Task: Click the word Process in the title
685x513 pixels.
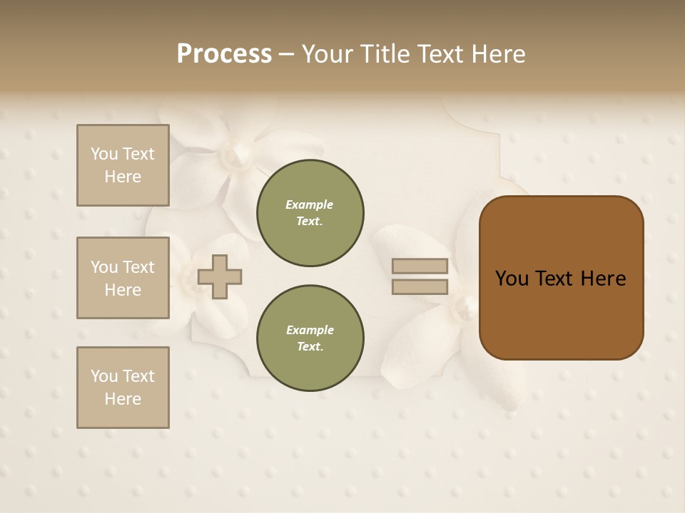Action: click(224, 54)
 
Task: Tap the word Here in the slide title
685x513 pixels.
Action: click(498, 54)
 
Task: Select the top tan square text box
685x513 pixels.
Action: click(123, 165)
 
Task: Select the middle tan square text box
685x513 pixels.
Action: click(123, 278)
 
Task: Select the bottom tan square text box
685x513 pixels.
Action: click(123, 388)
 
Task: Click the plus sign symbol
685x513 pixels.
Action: click(220, 276)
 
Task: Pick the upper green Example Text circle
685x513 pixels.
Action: click(310, 213)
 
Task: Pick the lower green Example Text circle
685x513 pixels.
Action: click(310, 338)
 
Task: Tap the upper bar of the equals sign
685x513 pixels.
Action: click(420, 266)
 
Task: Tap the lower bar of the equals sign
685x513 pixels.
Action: click(420, 287)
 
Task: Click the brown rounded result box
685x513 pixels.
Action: click(561, 278)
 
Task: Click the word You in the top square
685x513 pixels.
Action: click(104, 154)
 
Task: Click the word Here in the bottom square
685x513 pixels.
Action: click(123, 399)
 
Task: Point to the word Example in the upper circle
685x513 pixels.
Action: click(310, 205)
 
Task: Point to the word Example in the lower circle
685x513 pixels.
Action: click(310, 331)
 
